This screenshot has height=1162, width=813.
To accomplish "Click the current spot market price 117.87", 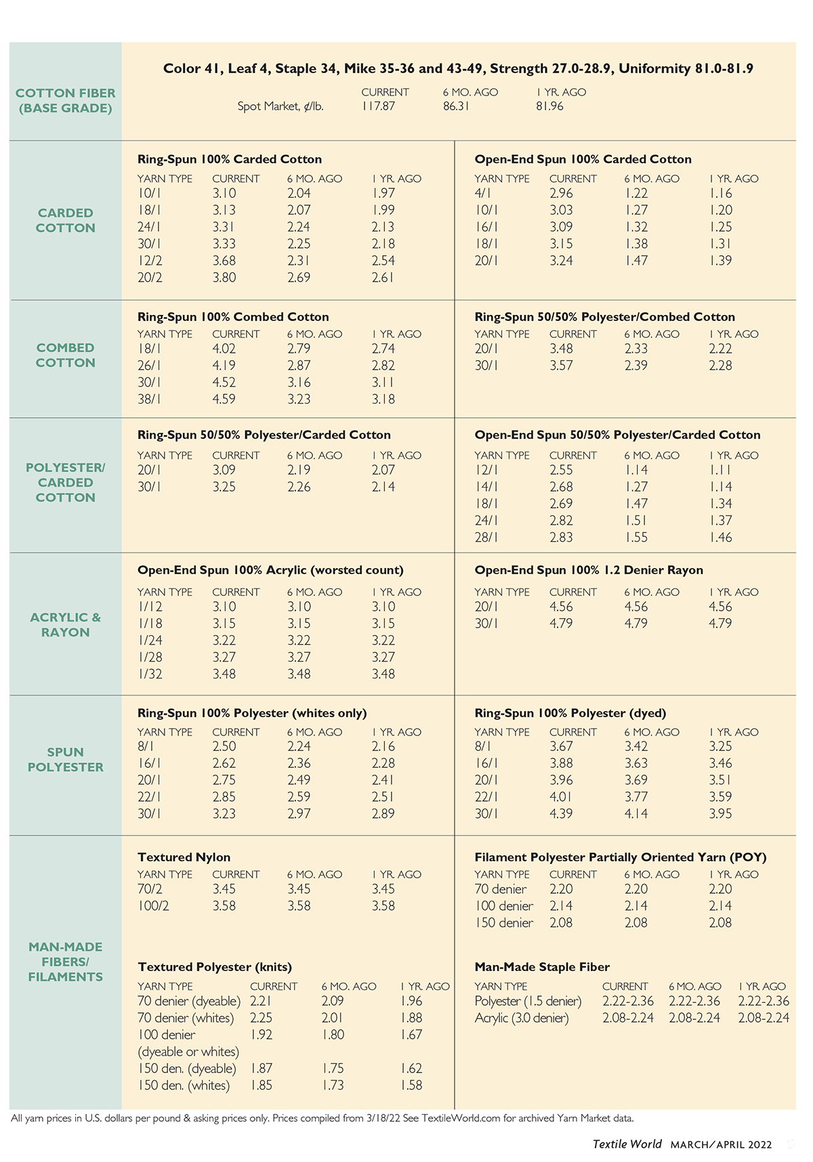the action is [x=378, y=106].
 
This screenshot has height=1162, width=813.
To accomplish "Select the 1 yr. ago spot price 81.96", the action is [x=549, y=106].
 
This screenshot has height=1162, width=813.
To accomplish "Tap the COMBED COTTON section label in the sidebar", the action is [x=66, y=355].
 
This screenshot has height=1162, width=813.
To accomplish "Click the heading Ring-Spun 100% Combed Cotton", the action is [x=233, y=317].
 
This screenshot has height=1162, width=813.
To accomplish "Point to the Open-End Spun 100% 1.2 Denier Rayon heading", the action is [x=589, y=570].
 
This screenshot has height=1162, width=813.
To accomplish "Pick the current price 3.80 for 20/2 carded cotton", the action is [x=224, y=277].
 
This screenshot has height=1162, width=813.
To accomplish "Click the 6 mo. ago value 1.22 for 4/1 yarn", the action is [x=636, y=194].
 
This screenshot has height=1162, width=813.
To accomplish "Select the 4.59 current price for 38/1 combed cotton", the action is [x=224, y=399].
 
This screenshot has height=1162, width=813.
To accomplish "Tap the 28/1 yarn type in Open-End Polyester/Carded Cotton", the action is [x=486, y=537].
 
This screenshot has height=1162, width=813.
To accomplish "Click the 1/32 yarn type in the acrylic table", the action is [x=150, y=674].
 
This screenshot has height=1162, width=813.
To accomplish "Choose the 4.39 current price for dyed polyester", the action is [x=562, y=813].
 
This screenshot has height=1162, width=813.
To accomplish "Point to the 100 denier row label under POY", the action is [x=504, y=906].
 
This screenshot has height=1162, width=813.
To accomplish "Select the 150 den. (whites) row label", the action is [x=184, y=1085].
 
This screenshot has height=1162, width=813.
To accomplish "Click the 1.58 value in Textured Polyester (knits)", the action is [x=411, y=1085].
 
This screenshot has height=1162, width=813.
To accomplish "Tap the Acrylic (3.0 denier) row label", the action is [x=522, y=1018].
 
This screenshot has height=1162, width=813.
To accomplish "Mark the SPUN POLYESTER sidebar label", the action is [x=66, y=760].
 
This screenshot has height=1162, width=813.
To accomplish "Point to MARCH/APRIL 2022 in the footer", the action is [x=722, y=1144].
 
